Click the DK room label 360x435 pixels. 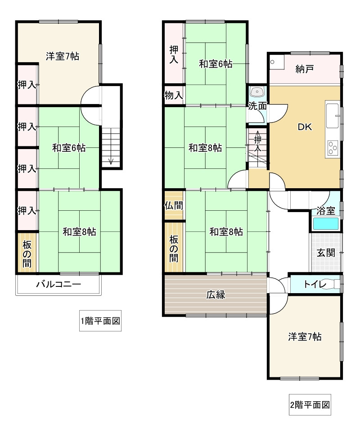click(x=305, y=127)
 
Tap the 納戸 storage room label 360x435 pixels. click(x=305, y=69)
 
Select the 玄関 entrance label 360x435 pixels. click(x=326, y=253)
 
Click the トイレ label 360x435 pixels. click(x=315, y=284)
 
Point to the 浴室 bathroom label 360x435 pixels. click(x=326, y=211)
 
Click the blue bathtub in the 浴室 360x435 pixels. click(x=326, y=224)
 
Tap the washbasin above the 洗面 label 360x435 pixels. click(x=258, y=92)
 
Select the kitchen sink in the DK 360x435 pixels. click(x=333, y=116)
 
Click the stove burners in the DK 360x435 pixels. click(x=333, y=148)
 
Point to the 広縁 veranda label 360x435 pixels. click(x=216, y=295)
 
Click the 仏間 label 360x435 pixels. click(x=174, y=206)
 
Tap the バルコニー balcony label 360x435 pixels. click(x=59, y=284)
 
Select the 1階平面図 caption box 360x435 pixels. click(x=100, y=321)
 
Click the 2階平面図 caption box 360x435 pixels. click(x=310, y=405)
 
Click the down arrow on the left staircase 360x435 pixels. click(x=111, y=160)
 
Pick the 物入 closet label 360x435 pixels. click(x=174, y=95)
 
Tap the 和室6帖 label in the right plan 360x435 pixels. click(x=216, y=64)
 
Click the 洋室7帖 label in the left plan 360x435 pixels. click(x=63, y=56)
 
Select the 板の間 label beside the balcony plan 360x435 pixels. click(x=27, y=254)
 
